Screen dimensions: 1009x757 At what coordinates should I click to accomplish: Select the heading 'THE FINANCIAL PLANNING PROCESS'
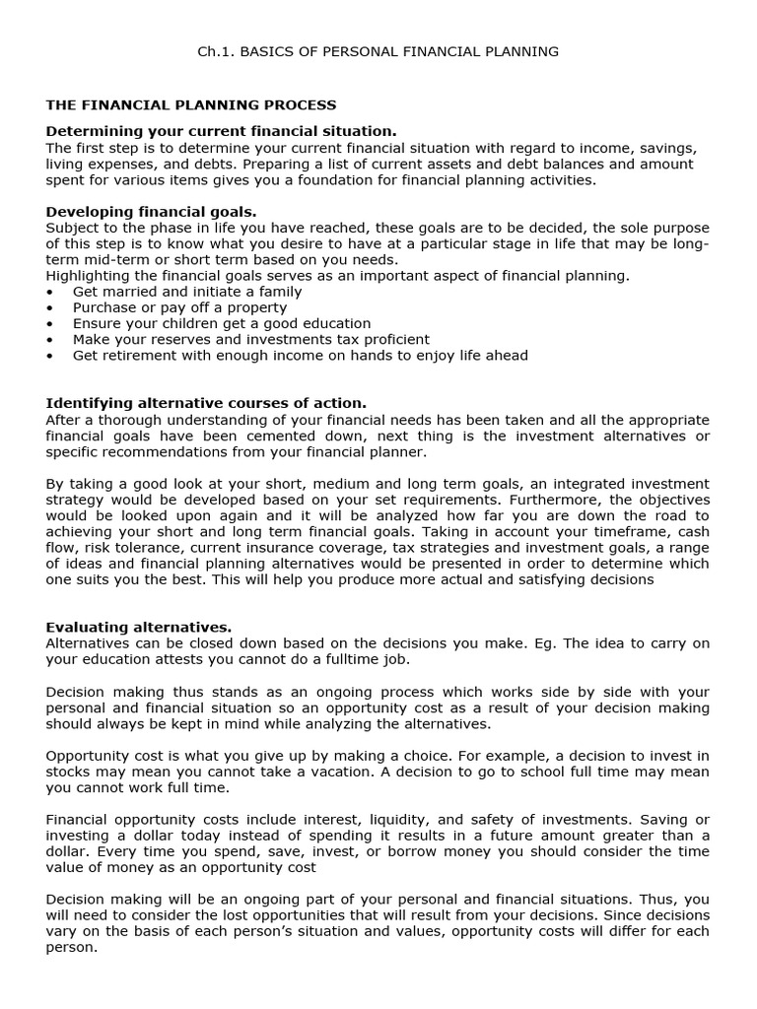[x=191, y=104]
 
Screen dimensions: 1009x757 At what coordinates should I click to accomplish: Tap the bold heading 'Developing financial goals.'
[x=151, y=211]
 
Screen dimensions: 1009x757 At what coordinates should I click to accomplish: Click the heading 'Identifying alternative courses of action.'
[x=206, y=403]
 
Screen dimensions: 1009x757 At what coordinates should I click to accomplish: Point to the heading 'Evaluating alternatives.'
[x=139, y=627]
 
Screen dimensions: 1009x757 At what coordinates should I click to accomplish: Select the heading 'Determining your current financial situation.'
[x=222, y=131]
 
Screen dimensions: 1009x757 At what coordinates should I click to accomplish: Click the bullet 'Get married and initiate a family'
[x=187, y=292]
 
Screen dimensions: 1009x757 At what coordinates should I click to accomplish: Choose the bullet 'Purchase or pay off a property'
[x=179, y=307]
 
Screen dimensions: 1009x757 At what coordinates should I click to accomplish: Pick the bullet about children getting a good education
[x=222, y=323]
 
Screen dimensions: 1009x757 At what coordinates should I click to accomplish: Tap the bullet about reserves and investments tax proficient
[x=242, y=339]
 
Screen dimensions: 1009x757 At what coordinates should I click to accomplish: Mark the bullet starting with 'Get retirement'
[x=300, y=355]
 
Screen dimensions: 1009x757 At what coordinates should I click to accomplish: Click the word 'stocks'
[x=69, y=772]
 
